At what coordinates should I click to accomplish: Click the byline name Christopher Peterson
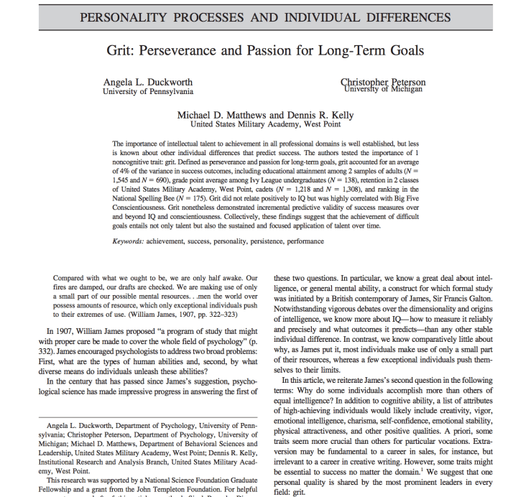tap(383, 82)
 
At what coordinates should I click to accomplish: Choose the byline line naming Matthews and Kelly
tap(265, 115)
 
